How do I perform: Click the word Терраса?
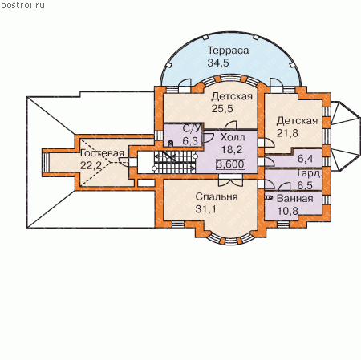coord(228,51)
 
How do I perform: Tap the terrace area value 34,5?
coord(218,63)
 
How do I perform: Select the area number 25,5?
coord(222,109)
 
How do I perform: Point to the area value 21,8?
coord(287,133)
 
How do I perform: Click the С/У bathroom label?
coord(192,128)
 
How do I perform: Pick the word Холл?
coord(233,137)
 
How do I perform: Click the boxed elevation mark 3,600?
coord(230,164)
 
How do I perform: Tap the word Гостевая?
coord(102,153)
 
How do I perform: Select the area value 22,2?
coord(91,165)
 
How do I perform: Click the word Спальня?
coord(217,196)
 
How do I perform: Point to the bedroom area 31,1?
coord(205,209)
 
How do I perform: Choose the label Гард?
coord(308,174)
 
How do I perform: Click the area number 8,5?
coord(305,185)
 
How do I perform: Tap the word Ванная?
coord(295,199)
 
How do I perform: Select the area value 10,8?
coord(287,211)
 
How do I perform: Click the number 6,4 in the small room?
coord(305,159)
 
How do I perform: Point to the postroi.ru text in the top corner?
coord(22,6)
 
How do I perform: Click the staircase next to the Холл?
coord(175,162)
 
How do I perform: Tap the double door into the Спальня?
coord(230,180)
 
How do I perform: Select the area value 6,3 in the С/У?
coord(190,141)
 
